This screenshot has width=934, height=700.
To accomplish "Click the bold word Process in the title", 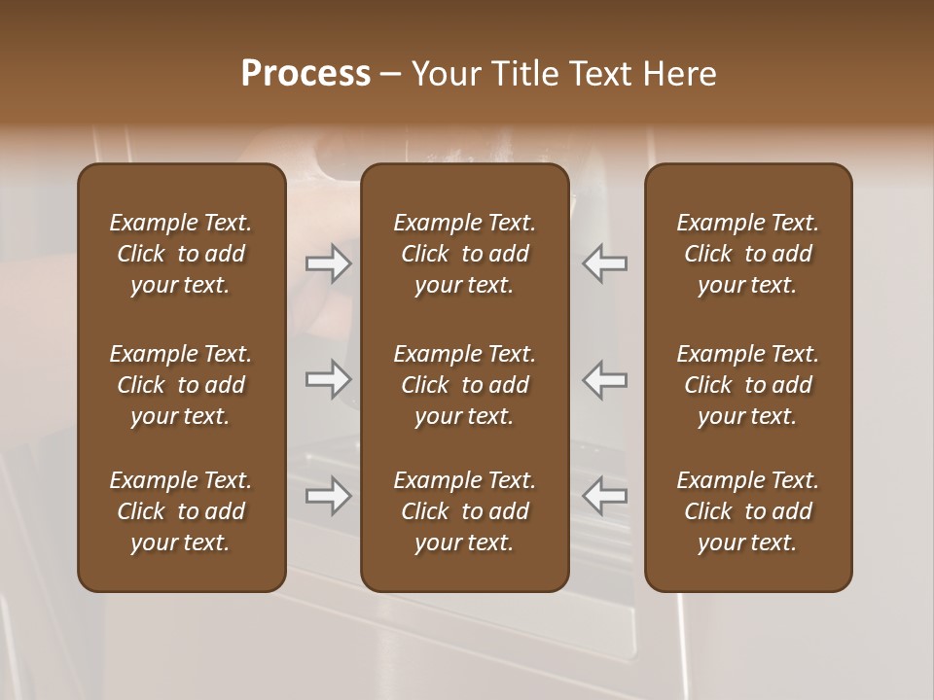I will coord(305,74).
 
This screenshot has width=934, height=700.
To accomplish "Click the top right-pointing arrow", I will coord(328,263).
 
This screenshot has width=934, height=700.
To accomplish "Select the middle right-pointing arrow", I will coord(328,379).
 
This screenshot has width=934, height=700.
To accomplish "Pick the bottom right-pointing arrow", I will coord(328,496).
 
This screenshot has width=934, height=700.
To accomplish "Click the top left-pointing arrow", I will coord(605,263).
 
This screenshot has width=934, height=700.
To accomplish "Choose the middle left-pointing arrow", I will coord(605,379).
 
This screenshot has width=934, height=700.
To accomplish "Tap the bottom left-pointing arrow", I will coord(605,496).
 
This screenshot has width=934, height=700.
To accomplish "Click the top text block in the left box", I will coord(181,254).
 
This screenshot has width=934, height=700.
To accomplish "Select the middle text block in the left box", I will coord(181,385).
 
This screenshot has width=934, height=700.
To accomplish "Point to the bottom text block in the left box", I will coord(181,511).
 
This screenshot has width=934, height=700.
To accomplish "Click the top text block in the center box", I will coord(465,254).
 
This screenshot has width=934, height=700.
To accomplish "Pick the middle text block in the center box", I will coord(465,385).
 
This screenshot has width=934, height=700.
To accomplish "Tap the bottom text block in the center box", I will coord(465,511).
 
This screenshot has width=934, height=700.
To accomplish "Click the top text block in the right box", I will coord(748,254).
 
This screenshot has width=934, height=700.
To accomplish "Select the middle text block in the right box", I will coord(748,385).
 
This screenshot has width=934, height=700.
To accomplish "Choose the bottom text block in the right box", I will coord(748,511).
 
